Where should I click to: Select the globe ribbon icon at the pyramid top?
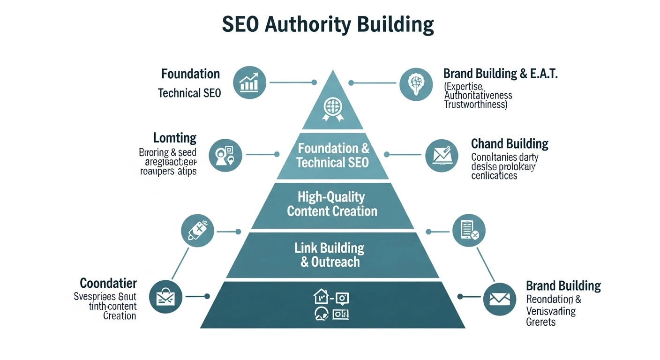(x=332, y=108)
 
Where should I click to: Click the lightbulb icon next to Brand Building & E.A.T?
(x=416, y=83)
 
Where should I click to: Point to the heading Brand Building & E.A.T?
(x=500, y=74)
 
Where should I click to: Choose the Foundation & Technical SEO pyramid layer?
(x=333, y=156)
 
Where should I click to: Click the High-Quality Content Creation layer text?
(x=332, y=204)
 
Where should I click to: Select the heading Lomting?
(x=174, y=138)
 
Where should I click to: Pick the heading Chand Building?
(x=510, y=143)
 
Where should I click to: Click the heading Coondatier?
(x=108, y=283)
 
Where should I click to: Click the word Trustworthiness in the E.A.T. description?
(x=475, y=105)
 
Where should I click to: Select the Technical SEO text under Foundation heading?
(x=189, y=93)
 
